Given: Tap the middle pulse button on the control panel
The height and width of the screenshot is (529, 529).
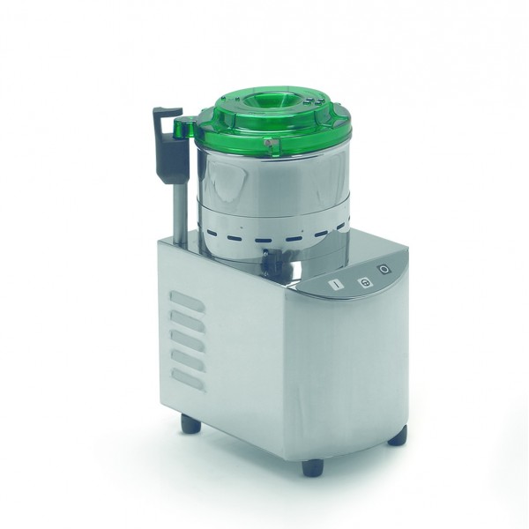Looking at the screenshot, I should [x=362, y=282].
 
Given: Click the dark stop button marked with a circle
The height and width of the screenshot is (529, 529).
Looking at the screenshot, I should [x=384, y=270].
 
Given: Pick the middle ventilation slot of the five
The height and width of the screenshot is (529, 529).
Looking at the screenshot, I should [x=188, y=340].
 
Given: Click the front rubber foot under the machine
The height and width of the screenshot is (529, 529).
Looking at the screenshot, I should [x=313, y=467].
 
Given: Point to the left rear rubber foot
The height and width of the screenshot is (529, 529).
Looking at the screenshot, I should [x=190, y=424].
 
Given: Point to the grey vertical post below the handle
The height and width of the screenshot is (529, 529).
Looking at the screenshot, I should [x=179, y=207].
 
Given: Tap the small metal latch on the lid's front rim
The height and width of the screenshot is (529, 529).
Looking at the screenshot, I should [x=273, y=143].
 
